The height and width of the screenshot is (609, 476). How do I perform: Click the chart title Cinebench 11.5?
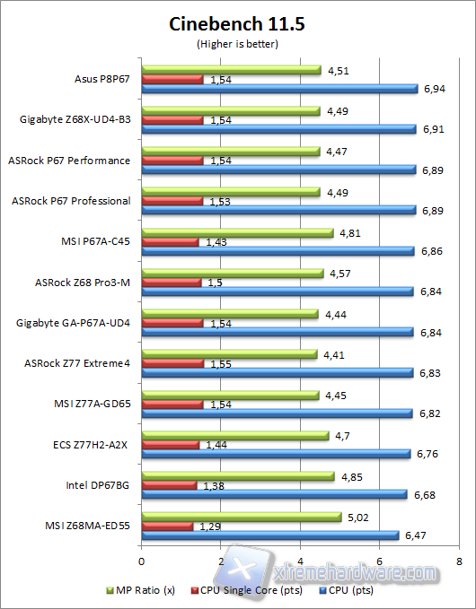coord(237,24)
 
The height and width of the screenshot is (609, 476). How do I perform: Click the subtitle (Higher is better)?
coord(237,43)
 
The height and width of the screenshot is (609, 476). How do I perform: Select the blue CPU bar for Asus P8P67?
coord(279,89)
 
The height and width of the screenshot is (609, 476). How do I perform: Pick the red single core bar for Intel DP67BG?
coord(169,485)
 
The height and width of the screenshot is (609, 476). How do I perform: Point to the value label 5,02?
coord(358,517)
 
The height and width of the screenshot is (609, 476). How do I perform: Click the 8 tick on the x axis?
coord(460,561)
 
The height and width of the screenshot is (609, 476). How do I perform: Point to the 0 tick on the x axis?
coord(141,561)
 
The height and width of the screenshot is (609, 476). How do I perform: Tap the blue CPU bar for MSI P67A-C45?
coord(278,251)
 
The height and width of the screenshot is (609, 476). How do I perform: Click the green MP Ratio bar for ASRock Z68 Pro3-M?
coord(232,273)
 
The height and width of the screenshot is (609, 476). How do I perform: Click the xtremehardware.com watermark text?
coord(359,570)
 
